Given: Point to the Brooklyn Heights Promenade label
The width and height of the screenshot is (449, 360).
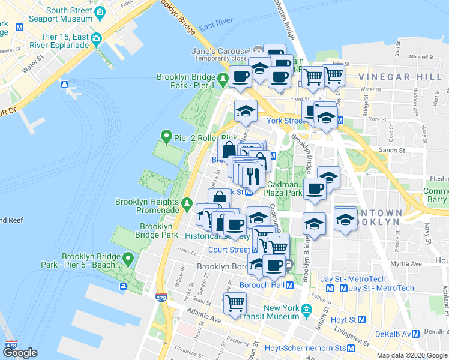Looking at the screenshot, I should click(x=147, y=206).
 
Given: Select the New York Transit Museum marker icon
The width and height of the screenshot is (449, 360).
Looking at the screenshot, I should click(x=307, y=309).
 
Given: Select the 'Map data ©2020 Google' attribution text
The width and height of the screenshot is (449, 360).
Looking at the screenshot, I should click(x=412, y=355).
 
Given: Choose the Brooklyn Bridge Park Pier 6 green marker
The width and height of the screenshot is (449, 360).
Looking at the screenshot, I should click(x=128, y=259).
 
